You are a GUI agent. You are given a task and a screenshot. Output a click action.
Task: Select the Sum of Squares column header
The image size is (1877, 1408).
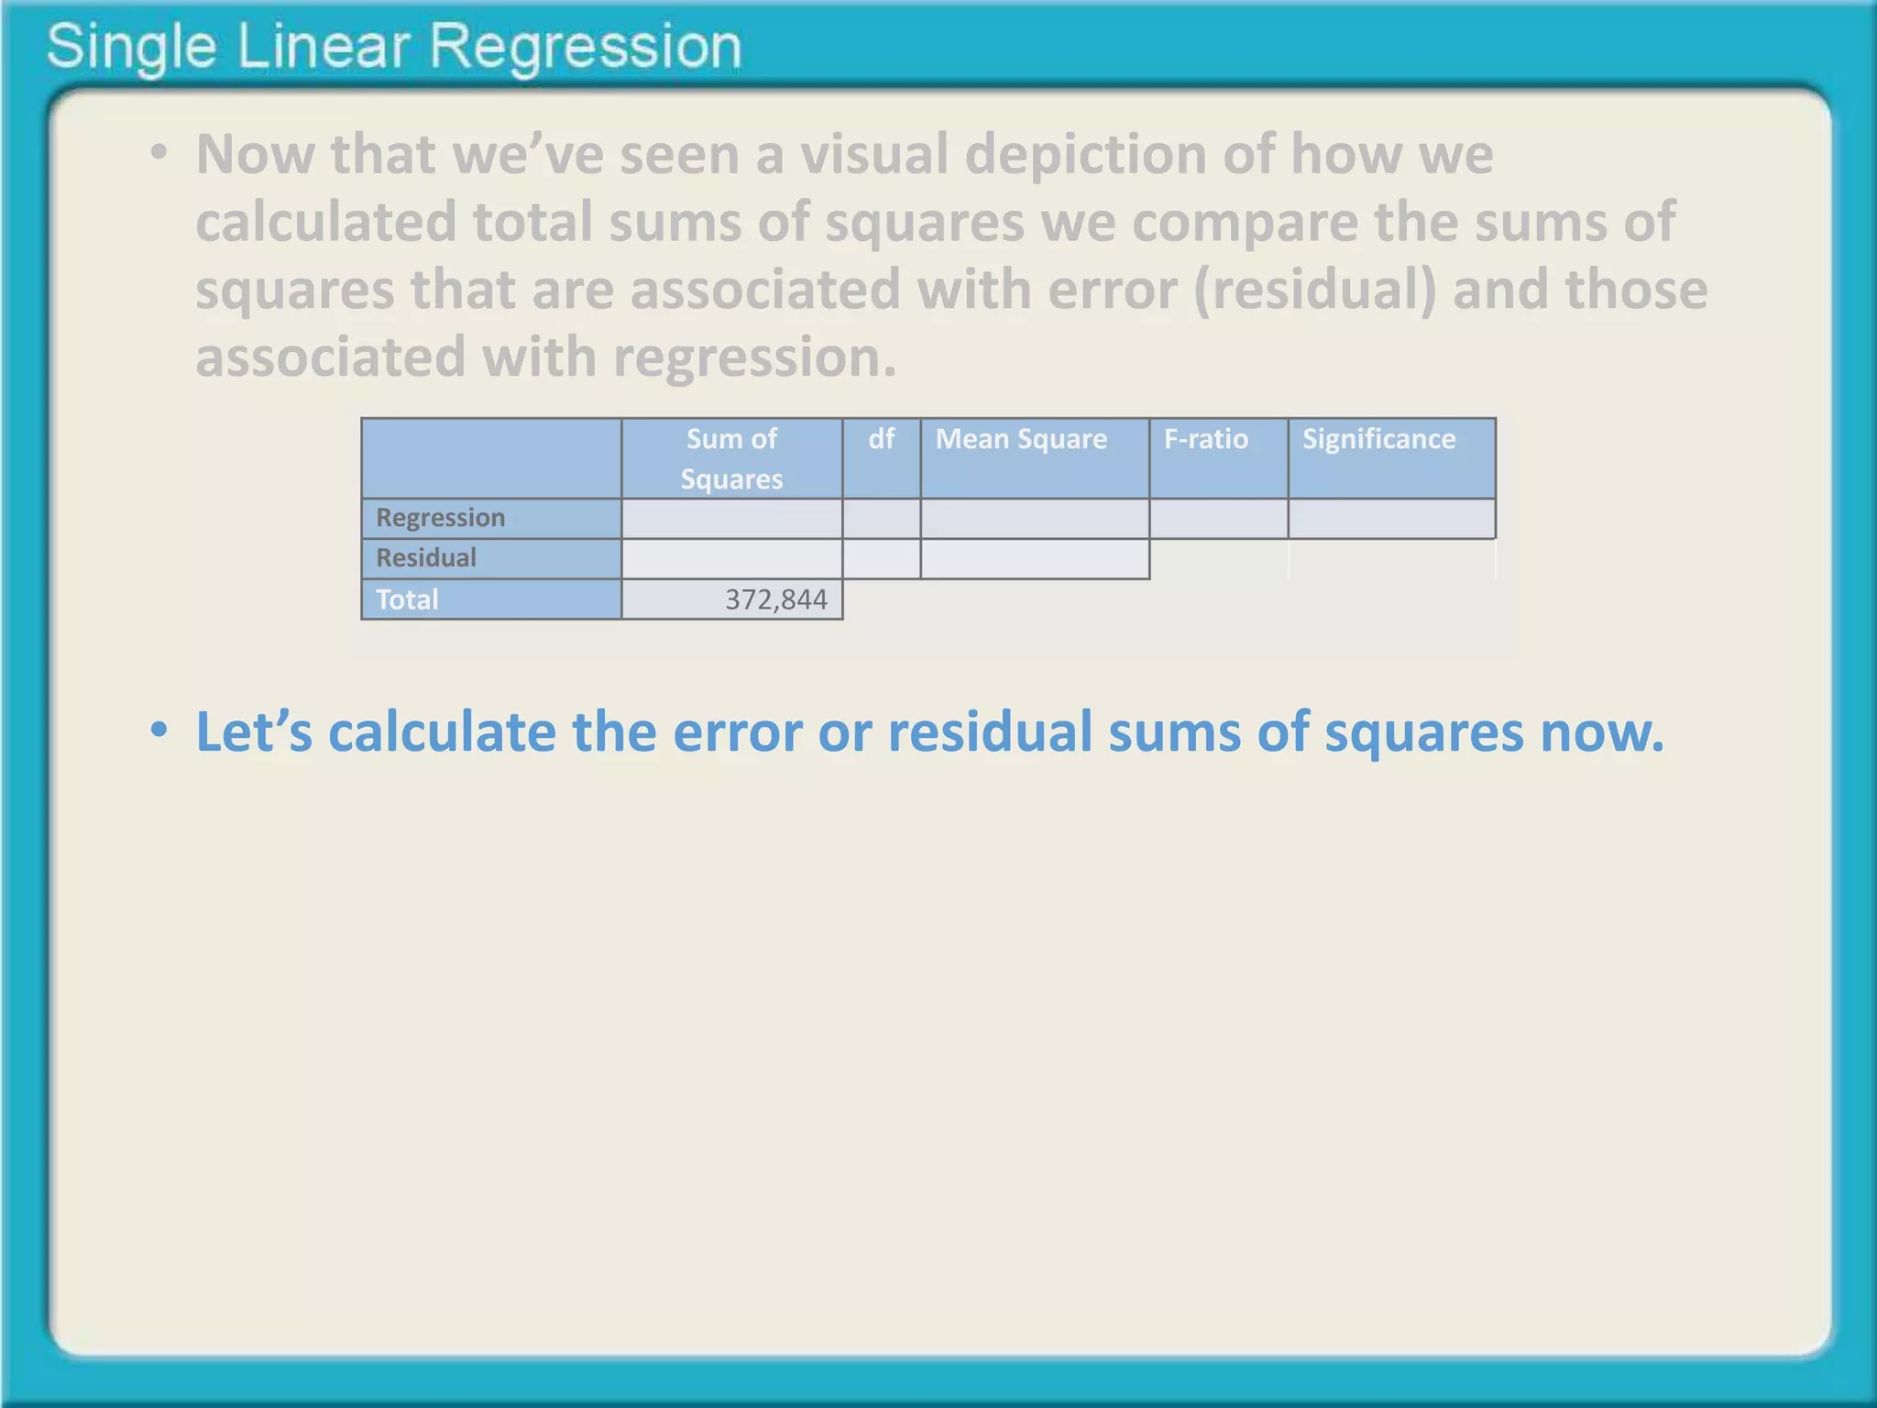(731, 458)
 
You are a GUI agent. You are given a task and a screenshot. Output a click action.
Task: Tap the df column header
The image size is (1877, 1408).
(881, 439)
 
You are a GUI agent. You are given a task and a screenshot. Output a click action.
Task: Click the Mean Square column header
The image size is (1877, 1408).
(1021, 439)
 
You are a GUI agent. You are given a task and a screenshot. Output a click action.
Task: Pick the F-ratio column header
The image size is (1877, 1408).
(1205, 439)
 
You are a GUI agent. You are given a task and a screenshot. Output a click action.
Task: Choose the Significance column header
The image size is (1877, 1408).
(1378, 439)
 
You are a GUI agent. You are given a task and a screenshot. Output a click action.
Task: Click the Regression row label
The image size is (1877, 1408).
(440, 518)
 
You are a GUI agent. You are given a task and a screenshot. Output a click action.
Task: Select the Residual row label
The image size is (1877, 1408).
(426, 558)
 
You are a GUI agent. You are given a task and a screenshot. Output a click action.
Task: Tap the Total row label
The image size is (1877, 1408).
(407, 599)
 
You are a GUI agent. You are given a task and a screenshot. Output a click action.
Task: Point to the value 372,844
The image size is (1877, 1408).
(775, 599)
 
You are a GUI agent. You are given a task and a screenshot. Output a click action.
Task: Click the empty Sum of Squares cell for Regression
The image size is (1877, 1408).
(731, 519)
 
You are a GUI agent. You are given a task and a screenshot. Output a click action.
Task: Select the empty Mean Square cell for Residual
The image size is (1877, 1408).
(1035, 559)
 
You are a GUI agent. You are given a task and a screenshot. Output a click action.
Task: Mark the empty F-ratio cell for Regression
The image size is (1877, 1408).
(1218, 519)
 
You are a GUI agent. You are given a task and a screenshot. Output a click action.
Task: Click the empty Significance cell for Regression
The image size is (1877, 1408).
(1391, 519)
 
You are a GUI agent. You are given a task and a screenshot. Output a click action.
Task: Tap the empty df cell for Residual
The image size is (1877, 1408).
(881, 559)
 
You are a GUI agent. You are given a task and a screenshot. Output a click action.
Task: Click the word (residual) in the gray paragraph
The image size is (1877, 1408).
(1315, 290)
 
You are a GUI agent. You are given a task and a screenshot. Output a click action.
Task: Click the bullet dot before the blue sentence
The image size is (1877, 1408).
(159, 731)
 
